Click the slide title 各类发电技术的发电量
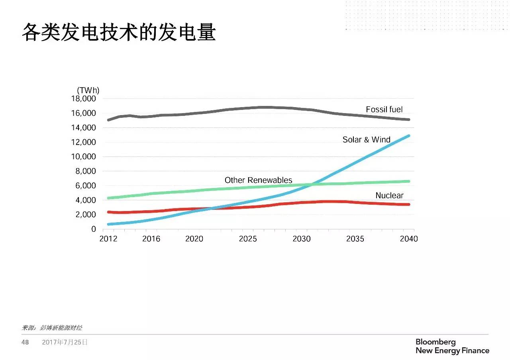pos(118,33)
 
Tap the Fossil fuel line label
pos(384,110)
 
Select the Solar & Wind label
pos(366,140)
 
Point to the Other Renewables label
pos(258,180)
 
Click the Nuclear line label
pos(389,196)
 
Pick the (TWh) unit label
pos(88,90)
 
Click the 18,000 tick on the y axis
pos(84,99)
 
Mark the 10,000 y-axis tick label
pos(84,157)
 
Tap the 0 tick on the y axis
pos(94,229)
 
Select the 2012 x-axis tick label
pos(108,239)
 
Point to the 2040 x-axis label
pos(409,239)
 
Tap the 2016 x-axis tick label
pos(151,239)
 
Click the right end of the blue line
pos(408,136)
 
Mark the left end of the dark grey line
pos(108,120)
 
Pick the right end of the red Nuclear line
pos(408,204)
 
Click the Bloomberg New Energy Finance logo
pos(452,346)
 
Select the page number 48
pos(25,342)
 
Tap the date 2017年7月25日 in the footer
pos(65,342)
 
